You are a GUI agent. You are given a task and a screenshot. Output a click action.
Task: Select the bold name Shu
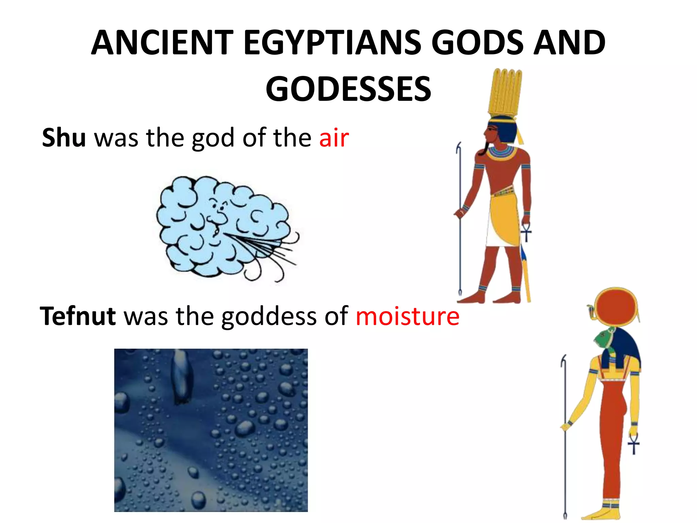[64, 138]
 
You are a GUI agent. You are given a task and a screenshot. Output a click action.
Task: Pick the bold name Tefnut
[78, 316]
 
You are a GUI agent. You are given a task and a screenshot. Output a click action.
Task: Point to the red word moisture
[407, 316]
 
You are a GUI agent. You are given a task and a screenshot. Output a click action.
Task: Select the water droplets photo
[211, 430]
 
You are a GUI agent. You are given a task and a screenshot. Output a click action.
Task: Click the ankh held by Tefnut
[633, 444]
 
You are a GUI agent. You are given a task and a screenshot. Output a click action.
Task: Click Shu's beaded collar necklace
[501, 152]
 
